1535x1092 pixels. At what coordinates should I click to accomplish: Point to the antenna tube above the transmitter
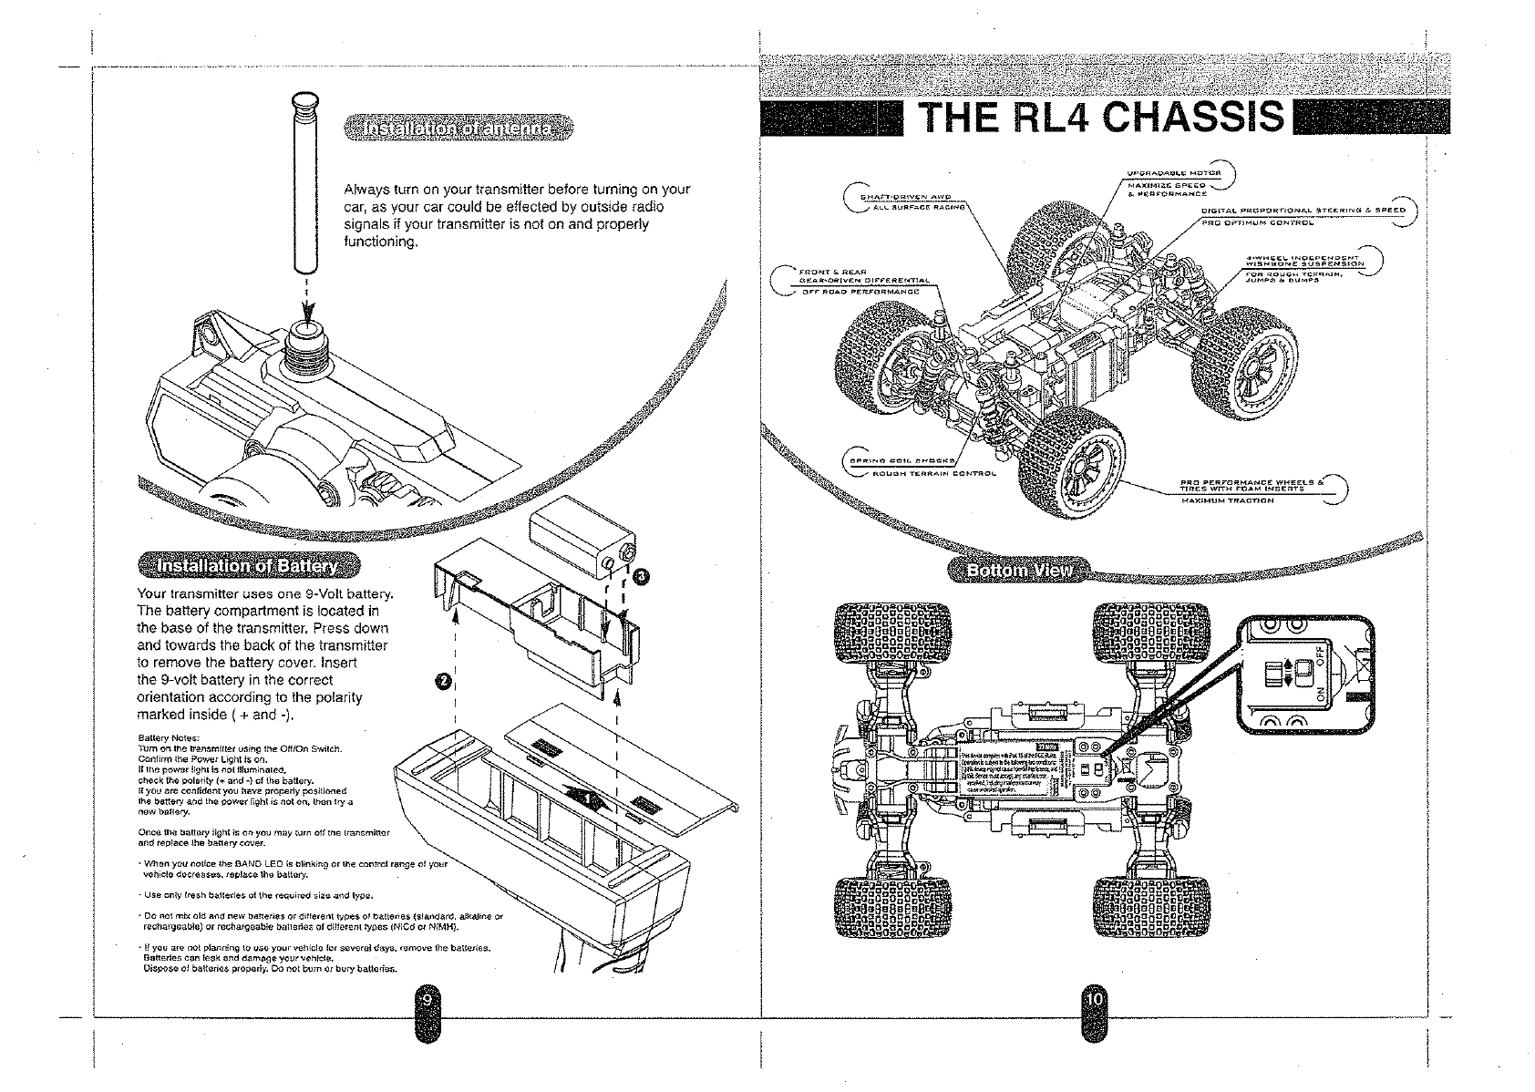pos(304,182)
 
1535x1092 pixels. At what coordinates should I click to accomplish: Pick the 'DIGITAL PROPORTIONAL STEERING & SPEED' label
pos(1303,210)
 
